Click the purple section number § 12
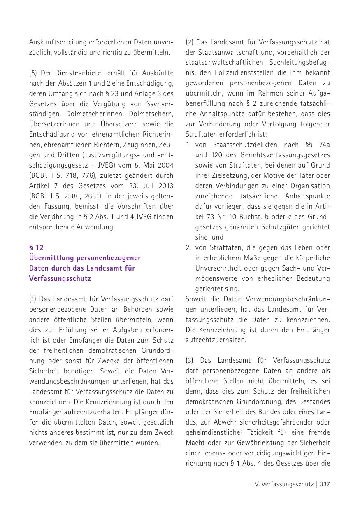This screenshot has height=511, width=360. point(36,247)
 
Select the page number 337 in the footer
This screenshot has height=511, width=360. point(325,484)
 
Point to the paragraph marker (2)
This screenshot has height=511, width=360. point(190,42)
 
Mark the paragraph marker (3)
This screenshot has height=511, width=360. point(190,360)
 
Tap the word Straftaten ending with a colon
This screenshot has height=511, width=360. point(201,134)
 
